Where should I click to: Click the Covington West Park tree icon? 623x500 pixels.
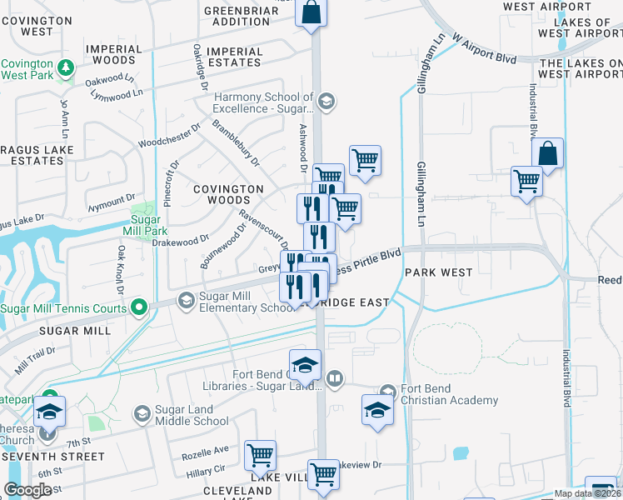click(x=64, y=65)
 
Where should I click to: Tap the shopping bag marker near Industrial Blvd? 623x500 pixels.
click(x=547, y=154)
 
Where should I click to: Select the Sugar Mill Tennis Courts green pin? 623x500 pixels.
click(x=140, y=307)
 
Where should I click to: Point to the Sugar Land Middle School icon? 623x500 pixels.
click(x=142, y=412)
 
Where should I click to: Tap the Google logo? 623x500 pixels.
click(x=27, y=490)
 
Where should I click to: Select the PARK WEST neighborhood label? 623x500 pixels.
click(x=439, y=272)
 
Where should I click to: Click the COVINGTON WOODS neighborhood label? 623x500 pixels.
click(x=229, y=195)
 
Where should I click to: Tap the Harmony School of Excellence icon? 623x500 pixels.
click(x=326, y=102)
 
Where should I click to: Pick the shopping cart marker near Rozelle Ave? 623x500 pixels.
click(x=261, y=455)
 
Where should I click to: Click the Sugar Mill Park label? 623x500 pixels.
click(x=144, y=225)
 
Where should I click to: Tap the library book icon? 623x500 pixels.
click(x=334, y=380)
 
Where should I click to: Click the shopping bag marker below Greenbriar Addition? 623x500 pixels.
click(x=311, y=12)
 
